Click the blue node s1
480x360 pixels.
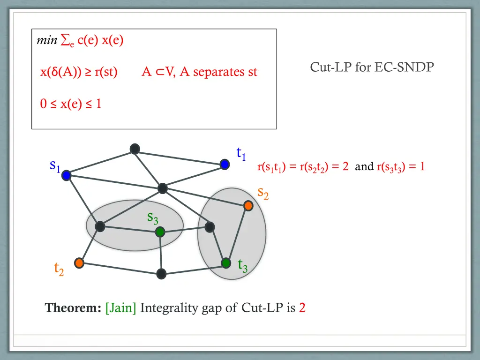tap(66, 175)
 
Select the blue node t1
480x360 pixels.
tap(225, 164)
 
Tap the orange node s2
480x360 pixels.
tap(248, 205)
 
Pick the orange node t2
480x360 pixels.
tap(79, 263)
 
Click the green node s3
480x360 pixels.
tap(160, 232)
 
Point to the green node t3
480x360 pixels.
tap(226, 263)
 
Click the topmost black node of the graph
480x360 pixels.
tap(135, 149)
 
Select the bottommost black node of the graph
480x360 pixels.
tap(161, 274)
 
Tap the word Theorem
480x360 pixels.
tap(73, 308)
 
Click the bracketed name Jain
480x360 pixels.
tap(121, 308)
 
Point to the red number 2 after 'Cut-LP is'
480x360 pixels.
tap(302, 308)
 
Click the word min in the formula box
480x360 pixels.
tap(47, 41)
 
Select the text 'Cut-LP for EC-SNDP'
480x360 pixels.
tap(372, 67)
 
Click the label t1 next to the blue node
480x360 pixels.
tap(241, 153)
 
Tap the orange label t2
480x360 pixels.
tap(59, 269)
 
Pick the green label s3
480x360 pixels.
tap(152, 217)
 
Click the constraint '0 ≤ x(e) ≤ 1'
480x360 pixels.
tap(71, 104)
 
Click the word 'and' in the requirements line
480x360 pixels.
tap(364, 166)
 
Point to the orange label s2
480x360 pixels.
tap(263, 192)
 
